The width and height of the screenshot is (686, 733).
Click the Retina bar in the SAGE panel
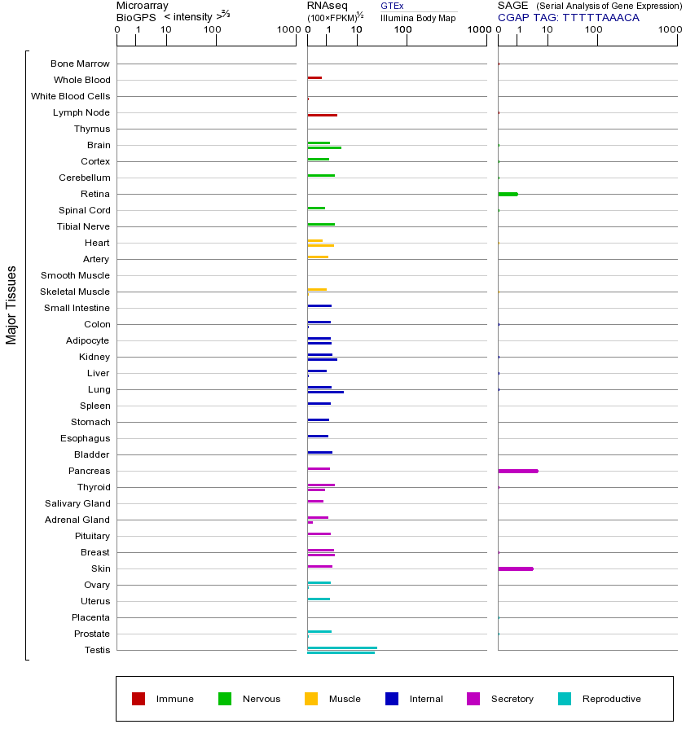(508, 194)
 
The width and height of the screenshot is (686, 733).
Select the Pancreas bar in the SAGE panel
(518, 471)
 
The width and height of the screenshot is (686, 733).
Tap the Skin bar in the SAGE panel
(516, 568)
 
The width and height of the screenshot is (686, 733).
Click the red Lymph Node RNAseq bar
(322, 116)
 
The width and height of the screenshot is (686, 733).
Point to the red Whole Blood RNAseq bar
(314, 77)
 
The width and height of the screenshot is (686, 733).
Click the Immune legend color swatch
(139, 699)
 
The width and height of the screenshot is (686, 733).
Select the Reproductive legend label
(611, 699)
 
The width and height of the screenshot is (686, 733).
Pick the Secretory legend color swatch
(473, 699)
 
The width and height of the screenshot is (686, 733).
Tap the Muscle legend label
(345, 699)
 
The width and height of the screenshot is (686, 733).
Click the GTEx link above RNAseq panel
(392, 6)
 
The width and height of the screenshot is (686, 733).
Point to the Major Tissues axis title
(11, 305)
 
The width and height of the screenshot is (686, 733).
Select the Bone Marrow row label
(80, 64)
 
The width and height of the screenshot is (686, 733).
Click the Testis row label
(97, 650)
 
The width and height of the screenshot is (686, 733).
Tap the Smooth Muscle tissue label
(75, 275)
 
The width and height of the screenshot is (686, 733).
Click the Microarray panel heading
(143, 6)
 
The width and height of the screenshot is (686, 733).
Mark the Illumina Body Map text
(418, 17)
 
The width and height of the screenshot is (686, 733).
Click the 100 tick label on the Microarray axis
(212, 30)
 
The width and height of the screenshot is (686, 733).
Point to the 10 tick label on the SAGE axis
(547, 30)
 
